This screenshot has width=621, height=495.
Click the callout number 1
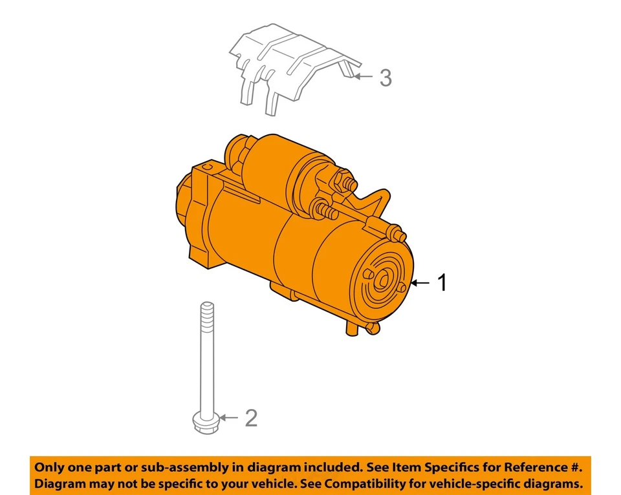click(442, 283)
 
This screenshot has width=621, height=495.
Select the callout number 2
click(251, 418)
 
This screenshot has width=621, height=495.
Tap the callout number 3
click(385, 78)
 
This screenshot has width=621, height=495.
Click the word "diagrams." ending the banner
click(552, 483)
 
